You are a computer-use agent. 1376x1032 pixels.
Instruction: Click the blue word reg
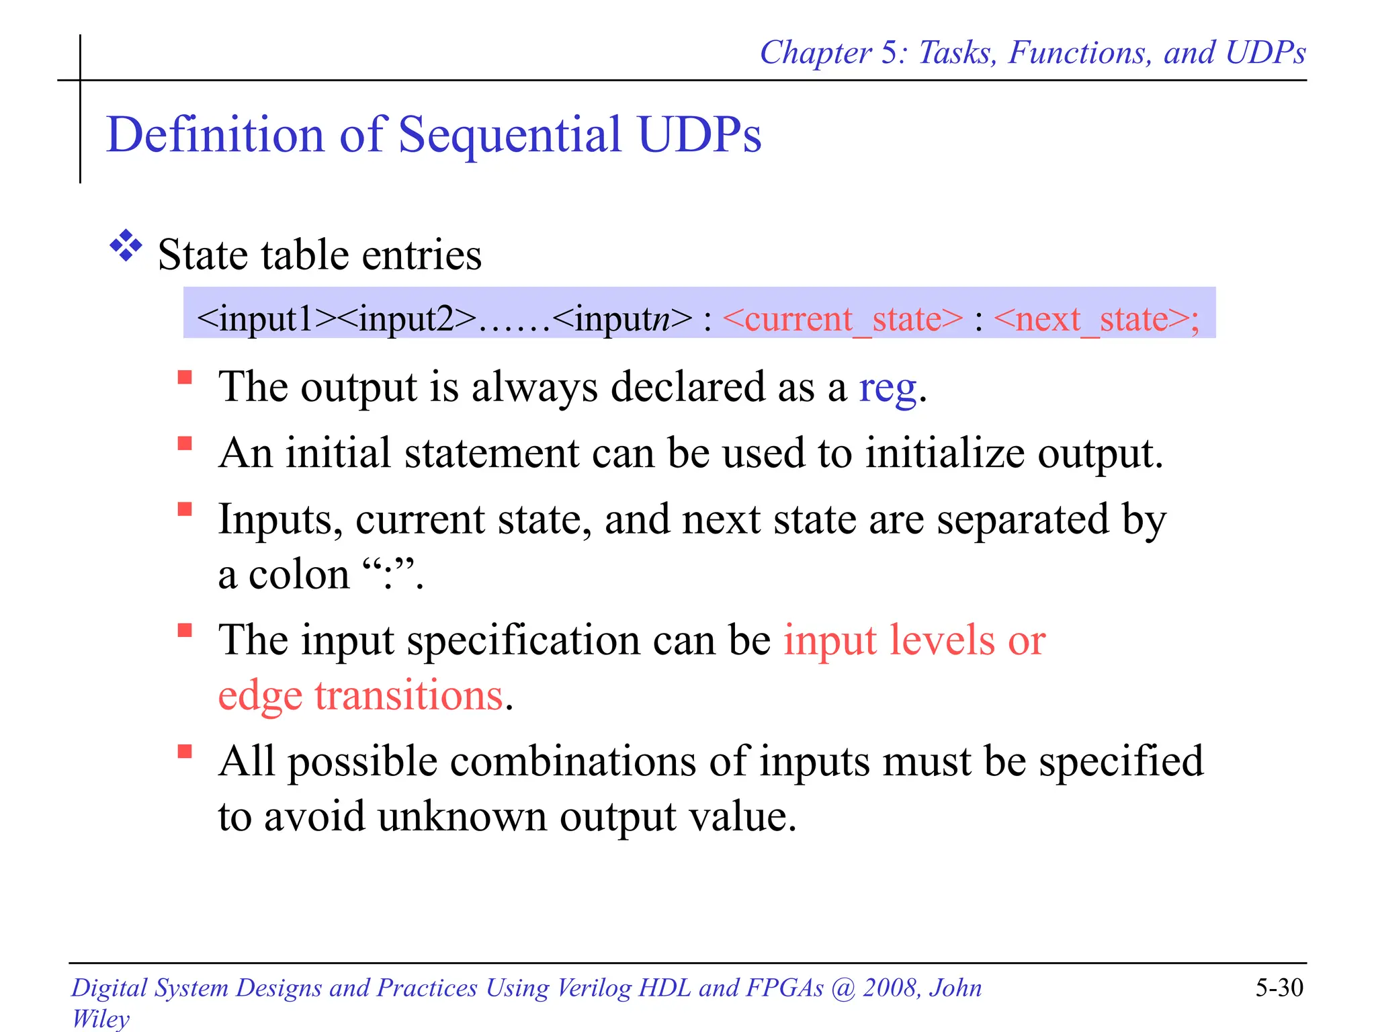[x=888, y=388]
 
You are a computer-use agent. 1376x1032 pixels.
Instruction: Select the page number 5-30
[x=1279, y=988]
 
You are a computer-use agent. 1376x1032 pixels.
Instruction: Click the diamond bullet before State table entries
[x=126, y=246]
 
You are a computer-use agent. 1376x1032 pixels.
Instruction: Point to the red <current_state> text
[x=843, y=319]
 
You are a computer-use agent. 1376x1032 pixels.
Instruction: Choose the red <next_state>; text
[x=1096, y=319]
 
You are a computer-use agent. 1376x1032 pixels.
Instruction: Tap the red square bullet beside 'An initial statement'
[x=185, y=443]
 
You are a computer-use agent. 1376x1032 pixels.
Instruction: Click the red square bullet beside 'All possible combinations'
[x=185, y=751]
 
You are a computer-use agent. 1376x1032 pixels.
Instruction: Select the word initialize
[x=945, y=454]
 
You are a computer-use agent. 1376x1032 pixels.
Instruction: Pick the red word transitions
[x=408, y=695]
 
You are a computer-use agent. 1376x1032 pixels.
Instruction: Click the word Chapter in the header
[x=816, y=52]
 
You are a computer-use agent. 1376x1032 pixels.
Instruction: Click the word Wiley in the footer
[x=101, y=1019]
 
